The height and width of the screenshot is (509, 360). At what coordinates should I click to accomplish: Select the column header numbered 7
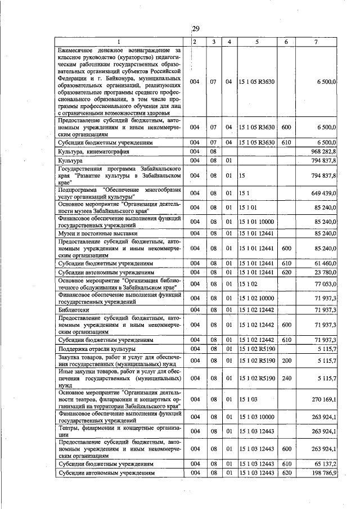(x=318, y=43)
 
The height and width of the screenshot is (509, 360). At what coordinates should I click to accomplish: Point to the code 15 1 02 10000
(x=256, y=298)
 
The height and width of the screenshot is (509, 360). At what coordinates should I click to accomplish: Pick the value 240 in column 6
(x=286, y=380)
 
